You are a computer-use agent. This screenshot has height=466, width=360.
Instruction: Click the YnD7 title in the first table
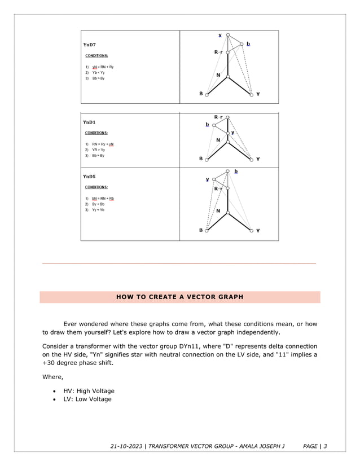click(x=89, y=45)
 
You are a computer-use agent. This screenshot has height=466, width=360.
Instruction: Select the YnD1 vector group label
click(x=89, y=122)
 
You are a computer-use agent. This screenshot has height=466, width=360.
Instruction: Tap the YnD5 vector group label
click(x=89, y=176)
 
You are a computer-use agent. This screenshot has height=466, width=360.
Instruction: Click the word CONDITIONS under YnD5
click(x=96, y=187)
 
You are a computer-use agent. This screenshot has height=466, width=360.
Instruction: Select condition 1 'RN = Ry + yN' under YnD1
click(x=103, y=144)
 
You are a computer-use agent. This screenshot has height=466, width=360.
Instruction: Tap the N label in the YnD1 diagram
click(x=218, y=140)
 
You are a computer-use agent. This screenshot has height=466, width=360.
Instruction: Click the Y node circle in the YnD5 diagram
click(x=251, y=230)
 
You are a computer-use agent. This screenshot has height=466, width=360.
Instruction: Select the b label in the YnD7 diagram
click(x=248, y=43)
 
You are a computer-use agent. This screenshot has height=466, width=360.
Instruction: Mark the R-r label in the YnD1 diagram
click(x=218, y=117)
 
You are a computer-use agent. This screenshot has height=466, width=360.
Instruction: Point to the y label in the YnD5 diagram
click(x=207, y=179)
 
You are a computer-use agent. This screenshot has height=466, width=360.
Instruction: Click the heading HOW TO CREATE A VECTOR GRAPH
click(x=179, y=297)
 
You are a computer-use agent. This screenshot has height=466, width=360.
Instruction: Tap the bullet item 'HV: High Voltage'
click(x=89, y=390)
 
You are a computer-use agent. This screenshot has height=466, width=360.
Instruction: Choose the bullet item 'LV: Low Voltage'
click(x=87, y=399)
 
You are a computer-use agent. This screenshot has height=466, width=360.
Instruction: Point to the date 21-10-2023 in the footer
click(x=127, y=447)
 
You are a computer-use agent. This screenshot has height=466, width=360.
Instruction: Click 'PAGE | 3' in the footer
click(x=315, y=447)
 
